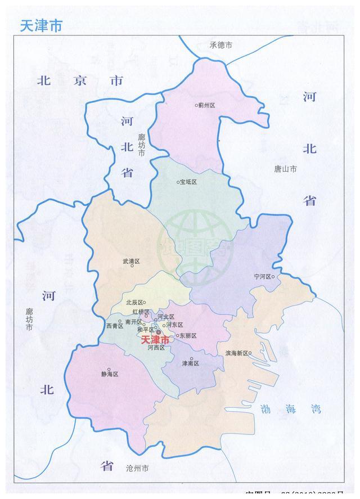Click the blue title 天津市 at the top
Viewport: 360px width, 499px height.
pyautogui.click(x=41, y=25)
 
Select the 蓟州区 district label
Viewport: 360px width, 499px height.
pyautogui.click(x=206, y=105)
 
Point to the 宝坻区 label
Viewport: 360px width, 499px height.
pyautogui.click(x=190, y=182)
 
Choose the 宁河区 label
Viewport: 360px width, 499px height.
pyautogui.click(x=263, y=277)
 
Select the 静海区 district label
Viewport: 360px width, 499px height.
pyautogui.click(x=109, y=374)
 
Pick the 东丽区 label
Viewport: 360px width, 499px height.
pyautogui.click(x=188, y=336)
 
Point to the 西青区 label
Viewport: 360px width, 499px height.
pyautogui.click(x=114, y=326)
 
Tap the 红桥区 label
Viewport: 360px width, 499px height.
pyautogui.click(x=140, y=312)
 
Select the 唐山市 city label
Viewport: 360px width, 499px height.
pyautogui.click(x=285, y=168)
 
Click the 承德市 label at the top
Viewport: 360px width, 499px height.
pyautogui.click(x=220, y=45)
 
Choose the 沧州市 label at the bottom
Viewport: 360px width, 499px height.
pyautogui.click(x=137, y=468)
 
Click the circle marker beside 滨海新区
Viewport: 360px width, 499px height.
pyautogui.click(x=250, y=353)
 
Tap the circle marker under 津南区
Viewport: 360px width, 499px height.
pyautogui.click(x=191, y=359)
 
